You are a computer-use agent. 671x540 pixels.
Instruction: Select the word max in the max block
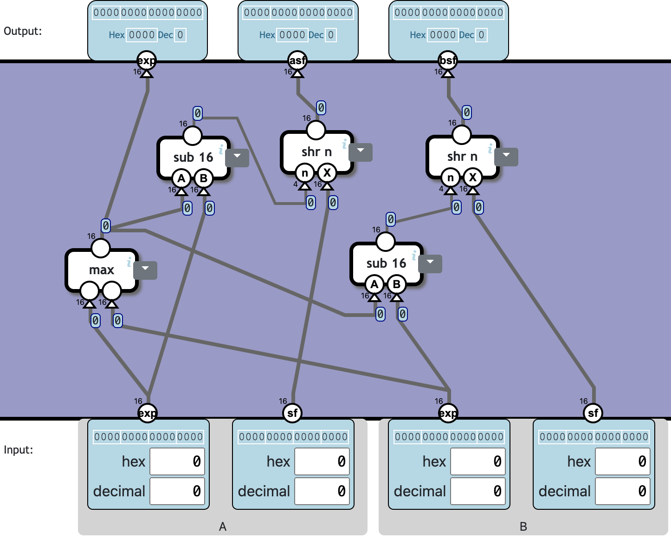(x=102, y=270)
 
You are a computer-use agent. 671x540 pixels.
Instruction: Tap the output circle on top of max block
(x=100, y=248)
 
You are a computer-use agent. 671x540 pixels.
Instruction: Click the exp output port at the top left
(x=147, y=60)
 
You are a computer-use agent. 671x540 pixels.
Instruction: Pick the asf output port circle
(x=297, y=60)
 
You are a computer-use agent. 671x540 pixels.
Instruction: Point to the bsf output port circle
(x=448, y=60)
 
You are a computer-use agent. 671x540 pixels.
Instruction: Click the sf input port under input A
(x=292, y=413)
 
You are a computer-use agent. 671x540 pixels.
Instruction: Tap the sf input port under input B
(x=593, y=413)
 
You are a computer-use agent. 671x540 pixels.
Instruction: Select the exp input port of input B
(x=448, y=413)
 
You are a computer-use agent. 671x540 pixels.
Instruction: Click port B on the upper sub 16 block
(x=203, y=178)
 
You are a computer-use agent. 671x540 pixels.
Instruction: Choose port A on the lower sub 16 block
(x=374, y=284)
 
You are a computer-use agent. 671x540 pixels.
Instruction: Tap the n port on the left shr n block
(x=305, y=173)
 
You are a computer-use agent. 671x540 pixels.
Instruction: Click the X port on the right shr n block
(x=472, y=178)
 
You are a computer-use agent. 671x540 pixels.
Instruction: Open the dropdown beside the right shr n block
(x=506, y=156)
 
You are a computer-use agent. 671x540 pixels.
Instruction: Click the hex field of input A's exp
(x=177, y=461)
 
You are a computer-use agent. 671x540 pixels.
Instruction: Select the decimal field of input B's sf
(x=622, y=491)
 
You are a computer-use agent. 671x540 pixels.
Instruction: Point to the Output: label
(x=23, y=31)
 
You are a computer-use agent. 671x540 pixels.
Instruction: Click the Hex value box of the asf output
(x=292, y=35)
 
